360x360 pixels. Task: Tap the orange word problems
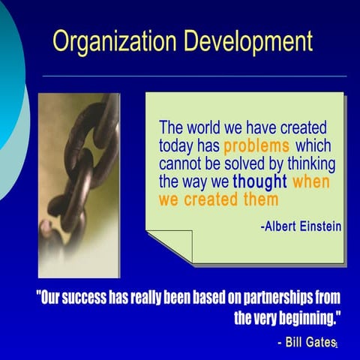click(256, 145)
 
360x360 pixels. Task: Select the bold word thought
click(259, 181)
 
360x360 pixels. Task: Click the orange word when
click(311, 181)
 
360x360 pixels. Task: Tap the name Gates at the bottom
click(319, 342)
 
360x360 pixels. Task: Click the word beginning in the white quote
click(304, 318)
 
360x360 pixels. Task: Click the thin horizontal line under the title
click(195, 76)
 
